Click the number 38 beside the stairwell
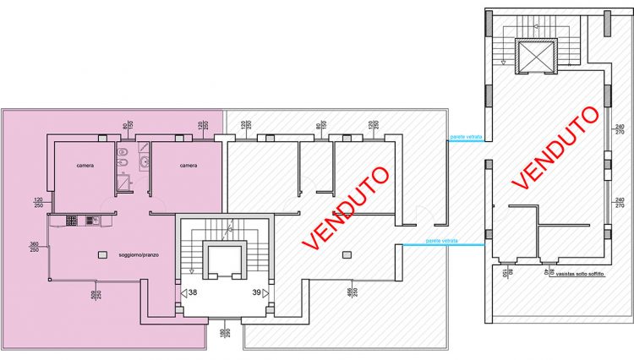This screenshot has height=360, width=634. (x=193, y=292)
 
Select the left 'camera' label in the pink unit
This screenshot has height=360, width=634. (x=84, y=165)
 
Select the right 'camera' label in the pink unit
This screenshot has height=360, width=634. (x=188, y=165)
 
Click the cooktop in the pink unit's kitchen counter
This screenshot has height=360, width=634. (x=72, y=221)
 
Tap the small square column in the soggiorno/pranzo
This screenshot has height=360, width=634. (x=103, y=254)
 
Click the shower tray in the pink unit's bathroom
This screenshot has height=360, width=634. (x=125, y=180)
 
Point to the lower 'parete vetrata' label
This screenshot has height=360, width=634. (x=440, y=240)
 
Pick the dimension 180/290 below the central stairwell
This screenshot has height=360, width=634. (x=225, y=334)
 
